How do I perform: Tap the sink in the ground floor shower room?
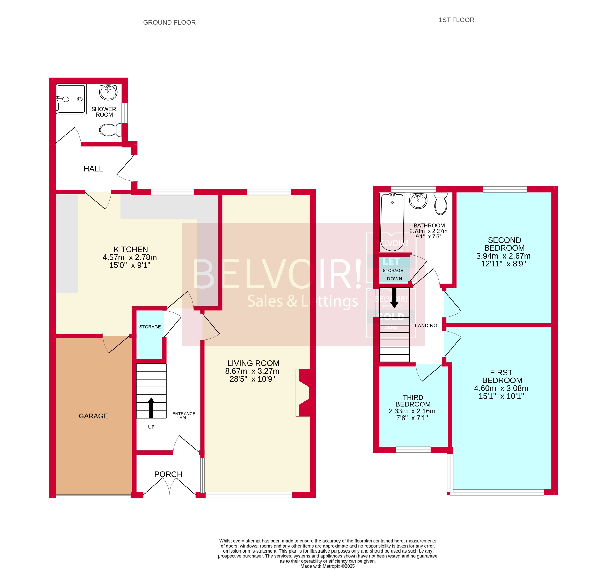(108, 92)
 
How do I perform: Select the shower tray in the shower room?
(71, 99)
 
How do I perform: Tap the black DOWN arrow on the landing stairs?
(394, 297)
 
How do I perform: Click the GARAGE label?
(93, 416)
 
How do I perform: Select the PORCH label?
(168, 474)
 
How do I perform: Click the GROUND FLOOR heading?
(169, 23)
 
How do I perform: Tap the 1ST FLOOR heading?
(456, 20)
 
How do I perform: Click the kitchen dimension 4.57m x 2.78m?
(130, 257)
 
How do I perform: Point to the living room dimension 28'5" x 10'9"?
(252, 379)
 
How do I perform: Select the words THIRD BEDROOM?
(412, 401)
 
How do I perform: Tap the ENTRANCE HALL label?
(184, 416)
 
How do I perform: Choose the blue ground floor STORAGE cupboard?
(150, 335)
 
